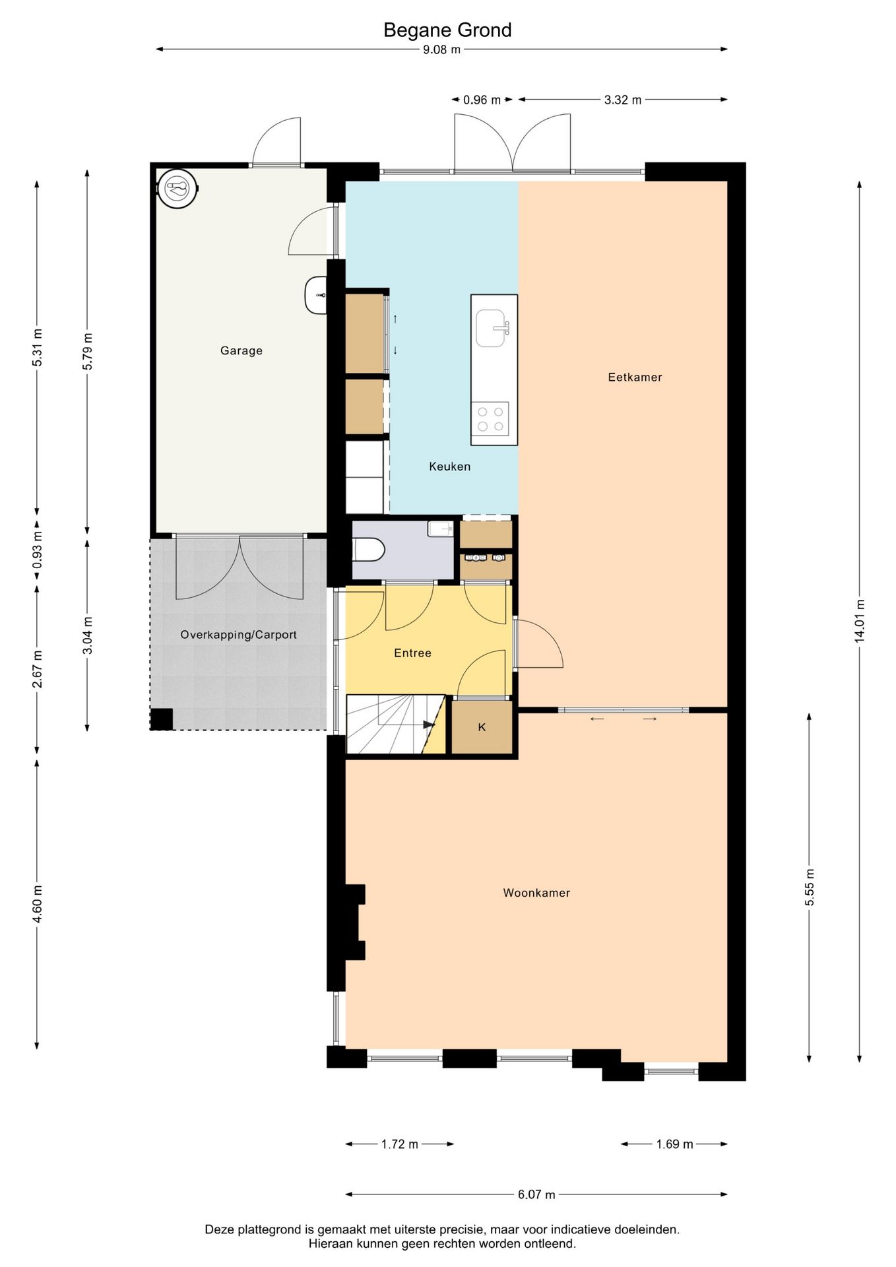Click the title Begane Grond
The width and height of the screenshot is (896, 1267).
coord(447,30)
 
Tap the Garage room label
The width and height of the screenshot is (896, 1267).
coord(241,351)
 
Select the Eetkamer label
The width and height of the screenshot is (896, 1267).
coord(635,377)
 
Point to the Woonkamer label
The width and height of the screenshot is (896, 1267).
coord(536,893)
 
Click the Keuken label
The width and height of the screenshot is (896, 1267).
coord(450,467)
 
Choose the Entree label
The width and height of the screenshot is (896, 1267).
coord(412,653)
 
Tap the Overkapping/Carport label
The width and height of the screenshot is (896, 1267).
coord(238,635)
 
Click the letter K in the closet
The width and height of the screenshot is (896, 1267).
coord(482,727)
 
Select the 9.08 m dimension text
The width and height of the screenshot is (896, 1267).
coord(441,49)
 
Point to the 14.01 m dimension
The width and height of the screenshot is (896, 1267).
coord(859,621)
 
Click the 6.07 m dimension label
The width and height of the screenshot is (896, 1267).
coord(536,1194)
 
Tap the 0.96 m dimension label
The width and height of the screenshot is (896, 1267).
coord(482,100)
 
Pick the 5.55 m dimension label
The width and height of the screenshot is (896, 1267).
coord(810,888)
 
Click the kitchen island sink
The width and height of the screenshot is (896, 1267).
coord(494,328)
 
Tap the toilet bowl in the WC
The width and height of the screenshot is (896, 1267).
coord(369,549)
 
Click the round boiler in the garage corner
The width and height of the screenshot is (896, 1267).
coord(177,189)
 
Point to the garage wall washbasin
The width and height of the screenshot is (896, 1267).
coord(316,295)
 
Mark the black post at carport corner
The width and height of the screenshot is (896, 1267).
coord(162,719)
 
